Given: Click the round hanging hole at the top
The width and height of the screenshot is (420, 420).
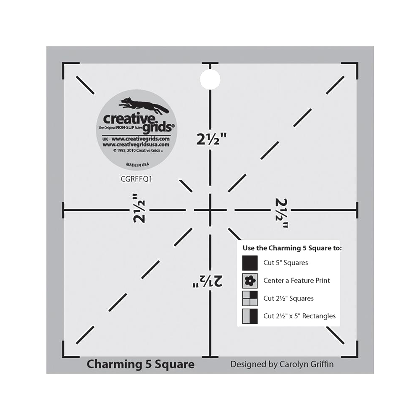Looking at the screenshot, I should (210, 79).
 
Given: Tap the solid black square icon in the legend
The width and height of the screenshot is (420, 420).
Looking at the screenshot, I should (250, 263).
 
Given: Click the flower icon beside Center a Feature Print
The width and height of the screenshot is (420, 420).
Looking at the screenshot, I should (250, 281).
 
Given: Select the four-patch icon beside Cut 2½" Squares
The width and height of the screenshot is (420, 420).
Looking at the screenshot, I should (250, 299).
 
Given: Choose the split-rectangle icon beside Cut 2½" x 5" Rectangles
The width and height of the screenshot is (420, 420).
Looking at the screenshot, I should (250, 316).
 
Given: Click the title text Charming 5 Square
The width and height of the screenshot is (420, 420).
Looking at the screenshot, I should (140, 364).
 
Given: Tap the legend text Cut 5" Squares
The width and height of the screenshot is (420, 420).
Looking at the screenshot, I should (286, 263).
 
